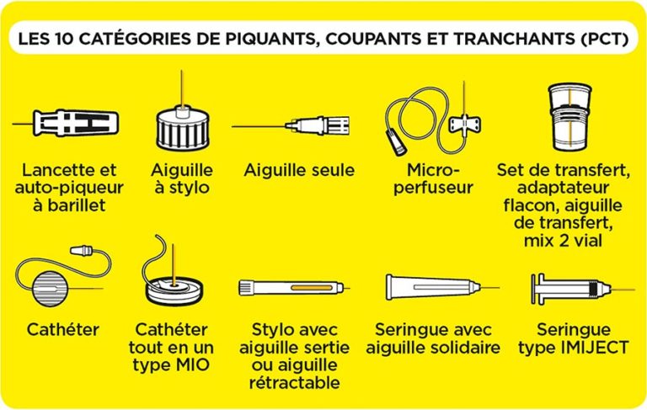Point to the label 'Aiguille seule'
[x=299, y=171]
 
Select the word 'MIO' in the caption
[x=195, y=365]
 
